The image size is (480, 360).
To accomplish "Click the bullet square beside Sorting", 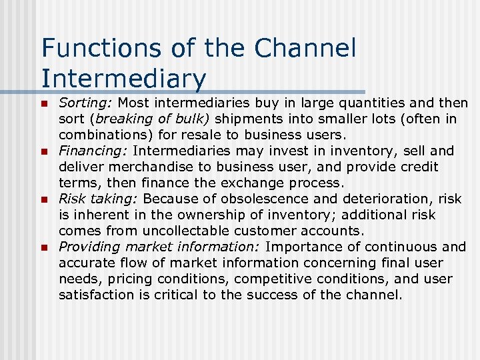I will [44, 104].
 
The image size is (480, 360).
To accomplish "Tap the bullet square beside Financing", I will [44, 151].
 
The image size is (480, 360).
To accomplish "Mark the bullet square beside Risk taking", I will [44, 199].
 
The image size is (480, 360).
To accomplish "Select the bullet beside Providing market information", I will [44, 247].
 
